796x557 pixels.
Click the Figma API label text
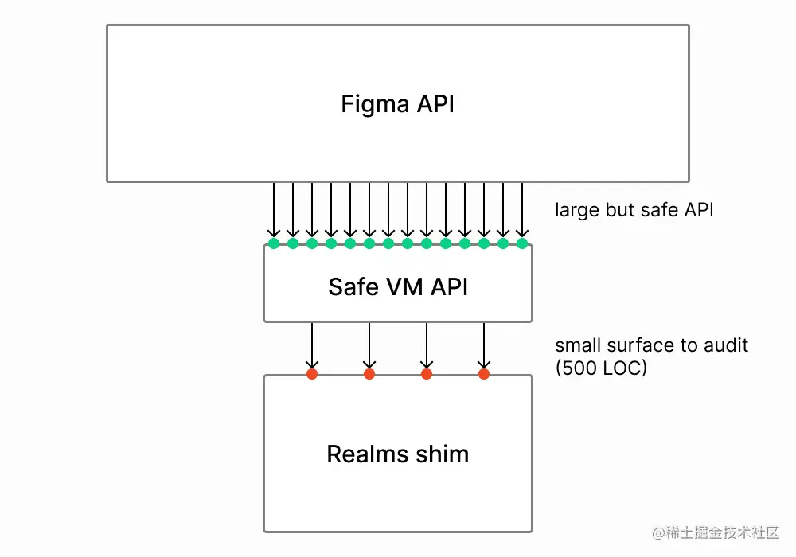(397, 104)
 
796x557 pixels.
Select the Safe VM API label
(397, 286)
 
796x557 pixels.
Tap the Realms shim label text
(397, 454)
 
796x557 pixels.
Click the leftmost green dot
(274, 243)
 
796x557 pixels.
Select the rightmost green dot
(522, 243)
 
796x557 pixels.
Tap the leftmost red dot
(312, 373)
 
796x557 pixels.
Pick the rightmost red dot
(483, 373)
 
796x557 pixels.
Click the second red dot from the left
(369, 373)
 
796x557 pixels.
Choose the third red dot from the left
(427, 373)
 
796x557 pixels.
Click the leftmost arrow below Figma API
(274, 211)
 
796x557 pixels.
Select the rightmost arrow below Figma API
(522, 211)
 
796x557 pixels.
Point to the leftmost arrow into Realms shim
(312, 345)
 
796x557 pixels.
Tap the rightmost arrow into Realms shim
(483, 345)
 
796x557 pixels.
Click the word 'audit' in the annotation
(726, 346)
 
